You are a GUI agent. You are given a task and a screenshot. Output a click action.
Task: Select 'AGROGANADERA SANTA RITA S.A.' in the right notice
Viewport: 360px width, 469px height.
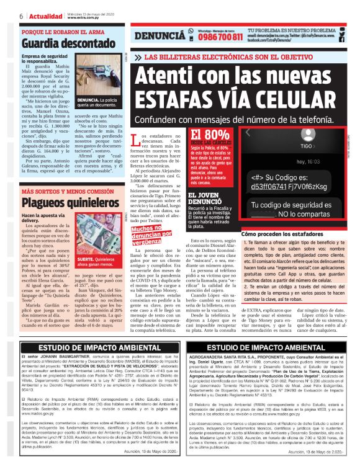(x=236, y=358)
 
